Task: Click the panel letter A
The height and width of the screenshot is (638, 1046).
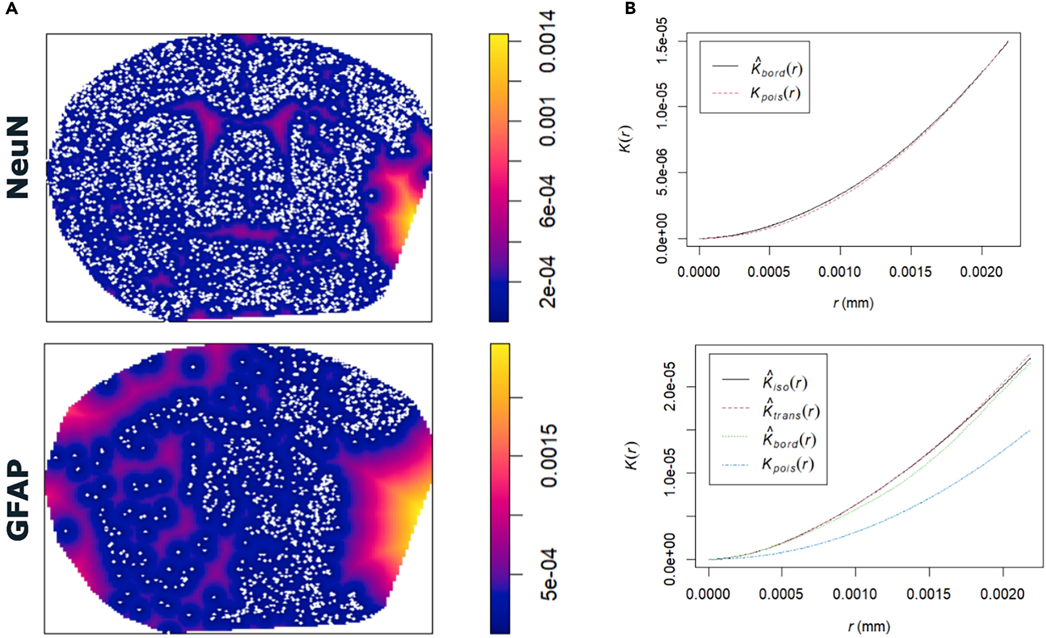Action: tap(12, 9)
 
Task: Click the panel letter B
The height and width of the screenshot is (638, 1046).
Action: tap(631, 9)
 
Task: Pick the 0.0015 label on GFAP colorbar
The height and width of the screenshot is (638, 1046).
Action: tap(548, 456)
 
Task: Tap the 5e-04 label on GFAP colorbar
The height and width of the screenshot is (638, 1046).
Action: tap(548, 575)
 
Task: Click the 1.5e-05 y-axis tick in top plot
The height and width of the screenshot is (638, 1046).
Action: tap(663, 41)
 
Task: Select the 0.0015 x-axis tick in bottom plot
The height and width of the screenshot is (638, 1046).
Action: tap(929, 594)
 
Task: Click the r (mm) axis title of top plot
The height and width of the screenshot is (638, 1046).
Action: tap(853, 303)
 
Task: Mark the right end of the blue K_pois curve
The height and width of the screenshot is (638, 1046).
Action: tap(1030, 430)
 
